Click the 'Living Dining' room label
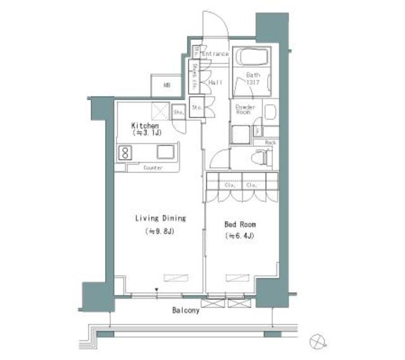(x=160, y=218)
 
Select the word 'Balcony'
(x=185, y=311)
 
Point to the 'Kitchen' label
(x=144, y=125)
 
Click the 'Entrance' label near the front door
(x=215, y=54)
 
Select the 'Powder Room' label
(x=245, y=111)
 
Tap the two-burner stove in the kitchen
(x=125, y=152)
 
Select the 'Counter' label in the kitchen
(x=153, y=168)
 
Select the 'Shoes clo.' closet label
(x=195, y=75)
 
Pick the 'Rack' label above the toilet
(x=270, y=143)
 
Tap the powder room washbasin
(x=270, y=113)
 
